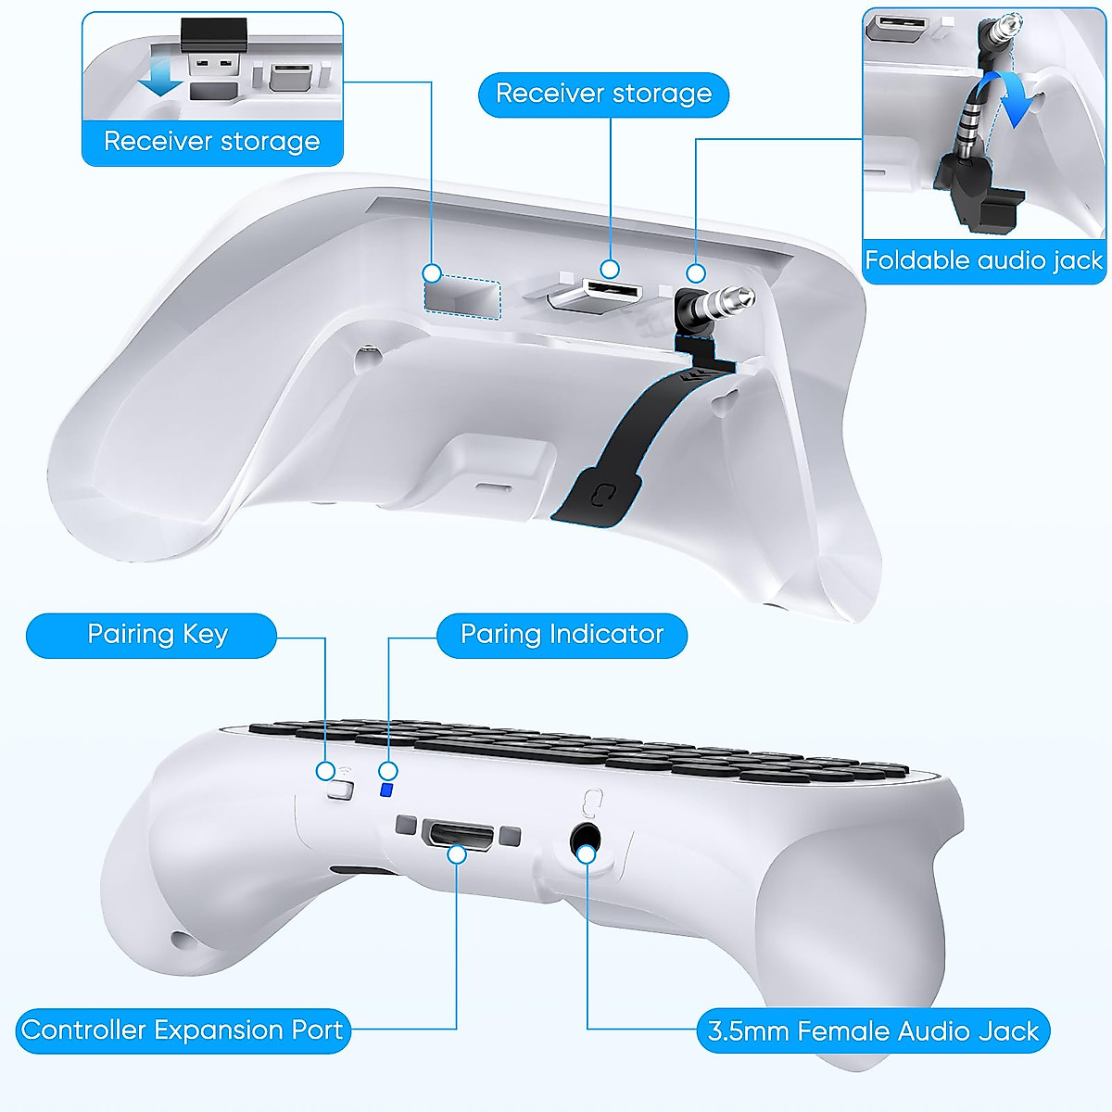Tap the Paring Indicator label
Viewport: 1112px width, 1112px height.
pos(562,635)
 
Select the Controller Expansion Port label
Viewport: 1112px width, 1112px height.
pos(183,1030)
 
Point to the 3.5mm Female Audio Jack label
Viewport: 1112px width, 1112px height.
pos(872,1031)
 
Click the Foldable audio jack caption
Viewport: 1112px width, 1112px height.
pos(983,260)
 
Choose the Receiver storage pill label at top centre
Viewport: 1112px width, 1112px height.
pos(603,94)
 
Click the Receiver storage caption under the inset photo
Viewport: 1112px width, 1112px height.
pos(212,142)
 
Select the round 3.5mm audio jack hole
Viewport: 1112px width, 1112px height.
pos(584,840)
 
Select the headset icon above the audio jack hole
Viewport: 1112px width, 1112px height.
pos(593,800)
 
